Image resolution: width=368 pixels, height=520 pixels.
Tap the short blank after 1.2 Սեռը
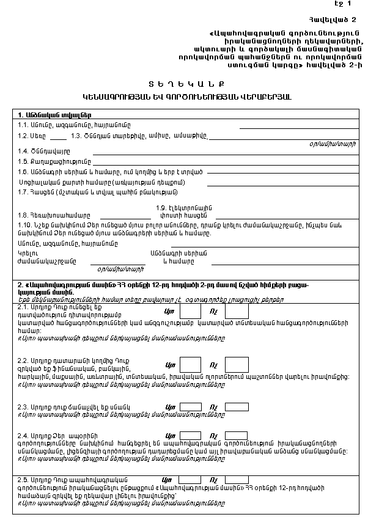pyautogui.click(x=58, y=137)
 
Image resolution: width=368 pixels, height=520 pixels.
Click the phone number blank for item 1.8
pyautogui.click(x=125, y=216)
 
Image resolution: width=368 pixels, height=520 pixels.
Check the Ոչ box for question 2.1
pyautogui.click(x=237, y=312)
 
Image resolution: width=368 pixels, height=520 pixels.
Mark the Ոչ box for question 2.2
pyautogui.click(x=237, y=365)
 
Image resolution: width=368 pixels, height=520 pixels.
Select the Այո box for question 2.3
pyautogui.click(x=191, y=406)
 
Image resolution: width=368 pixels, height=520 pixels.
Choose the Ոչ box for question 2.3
pyautogui.click(x=237, y=406)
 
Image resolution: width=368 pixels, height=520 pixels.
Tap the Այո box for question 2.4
pyautogui.click(x=191, y=434)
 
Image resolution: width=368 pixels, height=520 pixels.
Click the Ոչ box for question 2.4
pyautogui.click(x=237, y=434)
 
